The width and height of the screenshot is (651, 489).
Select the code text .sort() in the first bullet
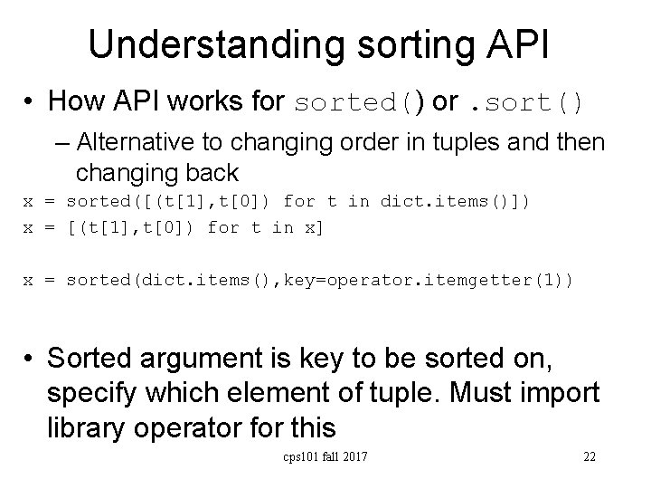[523, 101]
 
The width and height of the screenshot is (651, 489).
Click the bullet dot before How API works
[30, 102]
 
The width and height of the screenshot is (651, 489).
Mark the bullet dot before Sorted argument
[30, 360]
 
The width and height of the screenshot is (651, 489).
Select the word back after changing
[212, 171]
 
